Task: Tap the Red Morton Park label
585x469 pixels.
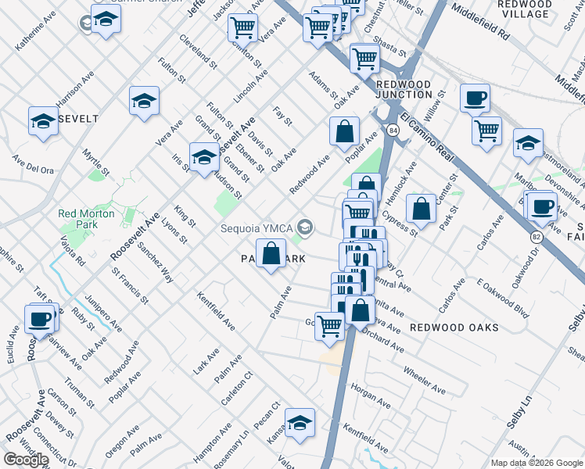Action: [86, 220]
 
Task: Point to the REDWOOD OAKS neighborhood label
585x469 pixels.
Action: [454, 328]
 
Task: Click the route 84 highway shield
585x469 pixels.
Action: [393, 130]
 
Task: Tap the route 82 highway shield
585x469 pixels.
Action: [537, 236]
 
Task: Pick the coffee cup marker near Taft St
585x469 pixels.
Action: [40, 319]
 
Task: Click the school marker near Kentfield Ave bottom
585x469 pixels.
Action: [300, 424]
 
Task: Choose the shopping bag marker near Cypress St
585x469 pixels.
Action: [422, 209]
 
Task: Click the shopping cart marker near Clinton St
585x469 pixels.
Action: [242, 28]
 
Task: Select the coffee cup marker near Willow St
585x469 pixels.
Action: [475, 99]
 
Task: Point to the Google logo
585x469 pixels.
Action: [26, 460]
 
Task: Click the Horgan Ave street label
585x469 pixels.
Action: [371, 391]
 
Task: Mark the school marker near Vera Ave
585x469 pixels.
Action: [144, 102]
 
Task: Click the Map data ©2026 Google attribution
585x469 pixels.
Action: [537, 463]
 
